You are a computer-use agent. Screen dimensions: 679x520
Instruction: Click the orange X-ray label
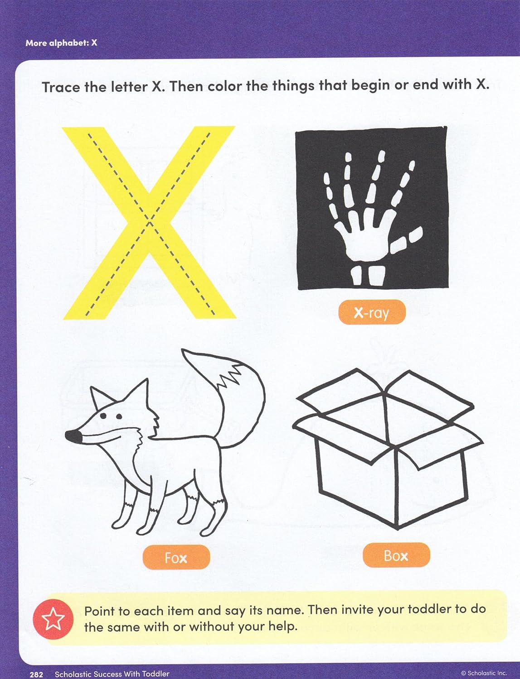372,312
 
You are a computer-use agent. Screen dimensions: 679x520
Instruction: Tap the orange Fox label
176,557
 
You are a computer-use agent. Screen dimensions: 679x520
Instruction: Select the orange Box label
396,555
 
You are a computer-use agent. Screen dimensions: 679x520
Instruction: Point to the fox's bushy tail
236,398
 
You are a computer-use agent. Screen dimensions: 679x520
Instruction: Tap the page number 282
36,674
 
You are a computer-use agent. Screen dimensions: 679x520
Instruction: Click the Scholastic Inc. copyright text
484,674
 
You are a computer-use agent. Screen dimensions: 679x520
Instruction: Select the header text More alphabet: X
61,43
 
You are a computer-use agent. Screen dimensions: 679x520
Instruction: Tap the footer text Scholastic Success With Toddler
112,674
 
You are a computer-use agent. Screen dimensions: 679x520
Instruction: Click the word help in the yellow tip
282,627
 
